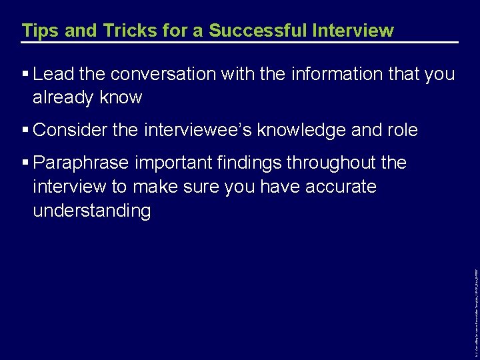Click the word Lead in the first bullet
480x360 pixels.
[53, 74]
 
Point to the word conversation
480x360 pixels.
[157, 74]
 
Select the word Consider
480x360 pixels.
[70, 130]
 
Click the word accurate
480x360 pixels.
[341, 187]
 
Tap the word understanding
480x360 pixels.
[92, 211]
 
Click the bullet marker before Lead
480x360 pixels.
[25, 74]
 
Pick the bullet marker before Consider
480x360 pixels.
[25, 130]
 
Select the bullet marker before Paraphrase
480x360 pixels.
[25, 163]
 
